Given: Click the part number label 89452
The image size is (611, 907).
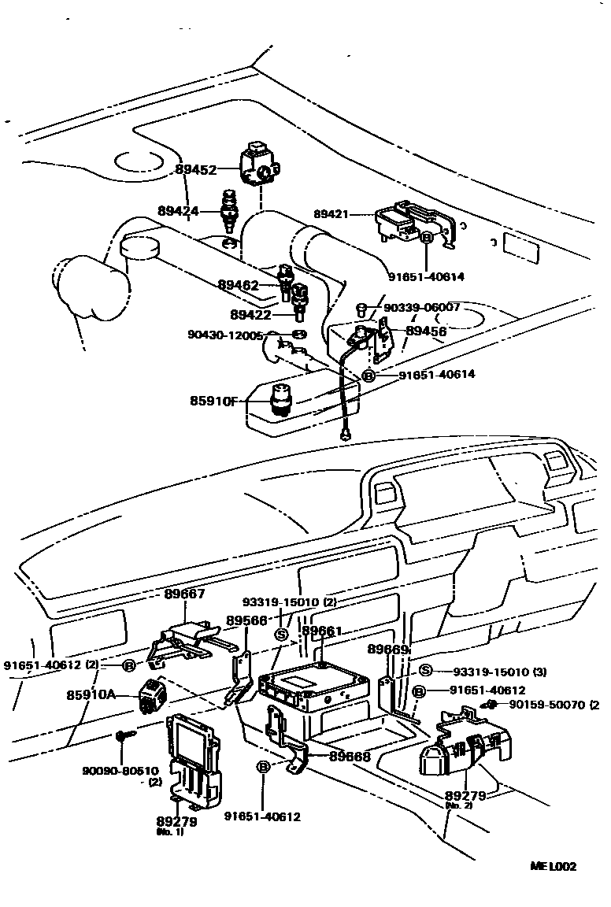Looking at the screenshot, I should (x=195, y=169).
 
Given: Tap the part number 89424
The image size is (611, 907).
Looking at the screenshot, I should (x=178, y=210).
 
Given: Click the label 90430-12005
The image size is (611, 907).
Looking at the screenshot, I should (x=227, y=335).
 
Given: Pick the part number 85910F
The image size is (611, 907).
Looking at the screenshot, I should (x=213, y=401).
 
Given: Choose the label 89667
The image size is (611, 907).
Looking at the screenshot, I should (x=185, y=594).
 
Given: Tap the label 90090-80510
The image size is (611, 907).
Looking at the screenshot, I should (x=120, y=771).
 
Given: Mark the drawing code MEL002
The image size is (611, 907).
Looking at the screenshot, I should (x=553, y=866).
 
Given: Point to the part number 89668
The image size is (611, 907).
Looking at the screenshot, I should (x=350, y=756).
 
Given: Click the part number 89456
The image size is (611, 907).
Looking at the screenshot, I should (x=426, y=331).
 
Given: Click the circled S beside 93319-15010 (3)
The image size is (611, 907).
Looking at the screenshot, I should (x=424, y=671).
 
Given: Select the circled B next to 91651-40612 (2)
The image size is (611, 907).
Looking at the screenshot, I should (x=129, y=665).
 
